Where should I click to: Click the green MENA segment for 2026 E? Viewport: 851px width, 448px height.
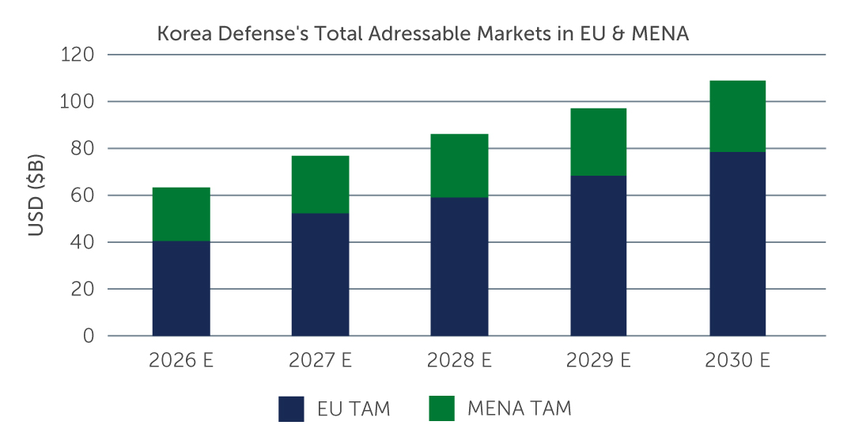coord(181,214)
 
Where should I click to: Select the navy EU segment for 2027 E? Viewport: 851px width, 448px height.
coord(320,274)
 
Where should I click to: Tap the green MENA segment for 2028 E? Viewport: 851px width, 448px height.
coord(460,165)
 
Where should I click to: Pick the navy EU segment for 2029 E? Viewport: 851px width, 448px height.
coord(598,255)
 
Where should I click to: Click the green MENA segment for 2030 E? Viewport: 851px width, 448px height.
coord(738,116)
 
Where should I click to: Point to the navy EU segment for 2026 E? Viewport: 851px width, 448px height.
coord(181,288)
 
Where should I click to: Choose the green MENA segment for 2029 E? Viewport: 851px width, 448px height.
coord(598,142)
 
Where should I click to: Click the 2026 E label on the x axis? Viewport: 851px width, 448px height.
coord(181,360)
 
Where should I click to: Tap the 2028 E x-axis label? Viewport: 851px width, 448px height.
coord(460,360)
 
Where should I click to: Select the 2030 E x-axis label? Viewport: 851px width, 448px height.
coord(738,360)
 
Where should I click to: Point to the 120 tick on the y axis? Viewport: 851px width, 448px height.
coord(77,55)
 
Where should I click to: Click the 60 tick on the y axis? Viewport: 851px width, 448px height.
coord(82,195)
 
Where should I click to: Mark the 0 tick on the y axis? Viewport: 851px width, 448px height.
coord(89,336)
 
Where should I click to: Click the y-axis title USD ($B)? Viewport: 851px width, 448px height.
coord(36,196)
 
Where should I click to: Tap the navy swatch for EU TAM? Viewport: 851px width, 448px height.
coord(291,409)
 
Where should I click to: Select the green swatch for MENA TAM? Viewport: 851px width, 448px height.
coord(441,408)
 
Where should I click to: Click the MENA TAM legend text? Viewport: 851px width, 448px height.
coord(520,408)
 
